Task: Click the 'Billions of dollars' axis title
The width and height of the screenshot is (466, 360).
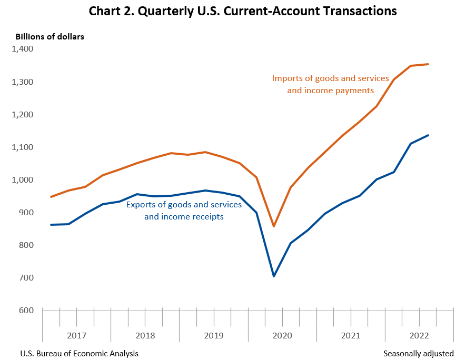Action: point(49,36)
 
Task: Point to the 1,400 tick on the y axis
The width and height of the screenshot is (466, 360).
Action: point(22,49)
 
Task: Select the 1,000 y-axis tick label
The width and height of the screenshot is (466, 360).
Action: point(22,180)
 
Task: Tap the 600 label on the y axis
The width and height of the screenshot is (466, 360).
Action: point(26,311)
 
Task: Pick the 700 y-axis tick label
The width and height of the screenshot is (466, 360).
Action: point(26,278)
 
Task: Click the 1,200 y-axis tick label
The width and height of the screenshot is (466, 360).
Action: point(22,115)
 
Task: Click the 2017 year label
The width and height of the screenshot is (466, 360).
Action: point(77,335)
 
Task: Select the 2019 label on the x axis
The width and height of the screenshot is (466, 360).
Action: point(213,335)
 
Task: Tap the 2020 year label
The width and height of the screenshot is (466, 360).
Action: point(282,335)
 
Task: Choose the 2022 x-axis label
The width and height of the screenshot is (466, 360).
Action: point(419,335)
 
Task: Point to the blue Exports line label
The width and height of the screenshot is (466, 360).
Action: point(184,210)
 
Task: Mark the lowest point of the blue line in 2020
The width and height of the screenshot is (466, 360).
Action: point(274,276)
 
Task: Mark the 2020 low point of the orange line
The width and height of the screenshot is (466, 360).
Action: point(274,226)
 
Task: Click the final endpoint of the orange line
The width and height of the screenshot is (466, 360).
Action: point(429,64)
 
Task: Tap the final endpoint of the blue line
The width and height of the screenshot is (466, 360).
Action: point(429,135)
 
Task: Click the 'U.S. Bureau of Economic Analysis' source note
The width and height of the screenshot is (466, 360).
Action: point(79,353)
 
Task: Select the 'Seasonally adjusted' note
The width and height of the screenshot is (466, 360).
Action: point(418,353)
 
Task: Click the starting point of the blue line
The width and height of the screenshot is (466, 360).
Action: point(51,225)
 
